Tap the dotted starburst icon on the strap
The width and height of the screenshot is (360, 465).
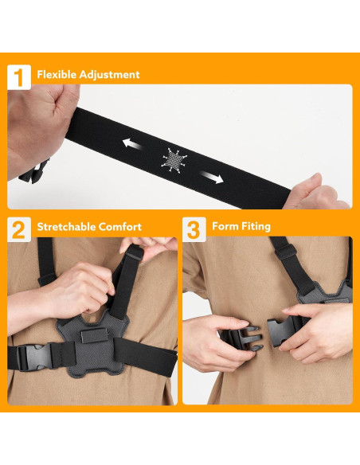tap(174, 160)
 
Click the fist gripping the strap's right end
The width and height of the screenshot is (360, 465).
tap(322, 193)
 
